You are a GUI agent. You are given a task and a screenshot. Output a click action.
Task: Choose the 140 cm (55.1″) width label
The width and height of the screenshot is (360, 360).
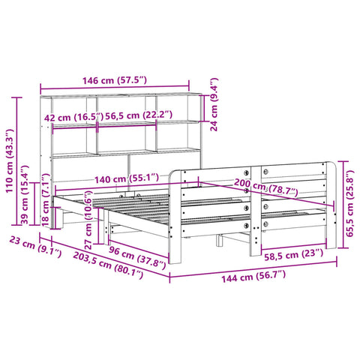(x=132, y=178)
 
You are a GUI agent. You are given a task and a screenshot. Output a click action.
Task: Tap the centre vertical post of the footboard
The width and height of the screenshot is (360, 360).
(x=256, y=202)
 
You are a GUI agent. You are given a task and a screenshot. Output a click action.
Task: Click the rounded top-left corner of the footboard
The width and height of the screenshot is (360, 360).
(x=178, y=174)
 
